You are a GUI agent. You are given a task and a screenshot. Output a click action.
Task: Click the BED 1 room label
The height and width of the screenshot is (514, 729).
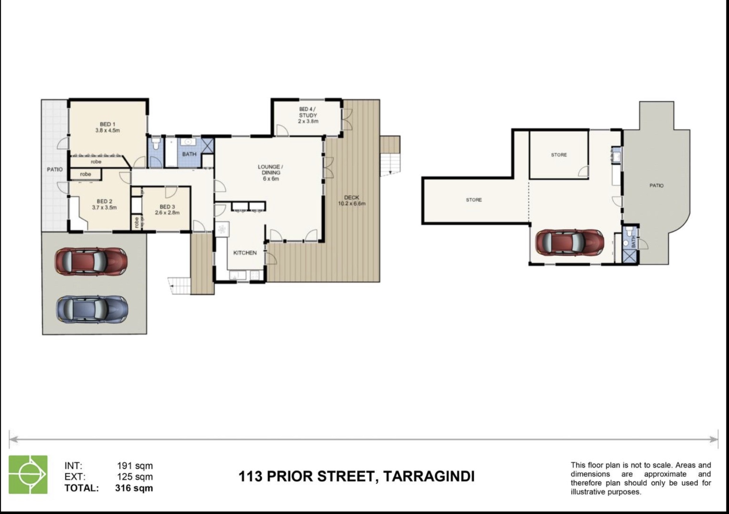point(107,124)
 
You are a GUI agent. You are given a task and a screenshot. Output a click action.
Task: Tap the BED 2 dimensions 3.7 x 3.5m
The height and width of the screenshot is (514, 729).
point(104,208)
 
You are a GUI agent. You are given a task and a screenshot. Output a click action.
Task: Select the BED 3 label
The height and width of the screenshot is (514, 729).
point(167,207)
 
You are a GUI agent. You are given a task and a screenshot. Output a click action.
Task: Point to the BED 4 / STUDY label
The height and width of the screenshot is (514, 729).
point(308,112)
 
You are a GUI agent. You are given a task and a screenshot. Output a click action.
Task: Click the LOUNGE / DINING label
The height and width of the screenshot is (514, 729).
point(270,169)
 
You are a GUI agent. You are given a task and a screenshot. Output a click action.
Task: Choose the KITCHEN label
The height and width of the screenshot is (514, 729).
point(245,253)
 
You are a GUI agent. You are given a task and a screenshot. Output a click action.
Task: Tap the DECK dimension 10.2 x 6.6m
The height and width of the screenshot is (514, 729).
point(352,204)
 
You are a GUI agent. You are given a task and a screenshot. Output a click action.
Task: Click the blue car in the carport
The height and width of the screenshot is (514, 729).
point(92,309)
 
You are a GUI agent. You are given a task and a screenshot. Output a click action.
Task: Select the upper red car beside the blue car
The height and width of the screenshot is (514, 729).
point(91,261)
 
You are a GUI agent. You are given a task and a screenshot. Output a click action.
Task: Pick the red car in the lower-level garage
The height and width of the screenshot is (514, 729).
point(570,242)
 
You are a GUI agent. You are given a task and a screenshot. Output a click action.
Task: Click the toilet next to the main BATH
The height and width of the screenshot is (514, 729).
point(156,144)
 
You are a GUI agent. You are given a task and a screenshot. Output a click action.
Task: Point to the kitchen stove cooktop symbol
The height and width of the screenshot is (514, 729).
point(222,229)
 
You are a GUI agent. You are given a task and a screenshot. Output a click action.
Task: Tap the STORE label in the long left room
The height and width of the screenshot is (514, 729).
point(474,200)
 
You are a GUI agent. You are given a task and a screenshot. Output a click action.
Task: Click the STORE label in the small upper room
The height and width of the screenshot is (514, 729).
point(559,155)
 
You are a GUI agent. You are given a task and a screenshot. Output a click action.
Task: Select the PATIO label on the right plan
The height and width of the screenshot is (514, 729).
point(656,185)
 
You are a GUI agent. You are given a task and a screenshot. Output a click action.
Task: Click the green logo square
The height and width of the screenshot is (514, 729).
point(28,474)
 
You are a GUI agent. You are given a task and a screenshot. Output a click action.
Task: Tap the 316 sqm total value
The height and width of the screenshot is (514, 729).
point(134,488)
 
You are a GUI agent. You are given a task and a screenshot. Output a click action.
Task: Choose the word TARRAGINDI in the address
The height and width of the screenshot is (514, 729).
point(429,476)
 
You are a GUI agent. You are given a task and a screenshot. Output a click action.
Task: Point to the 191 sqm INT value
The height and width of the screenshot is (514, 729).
point(135,466)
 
